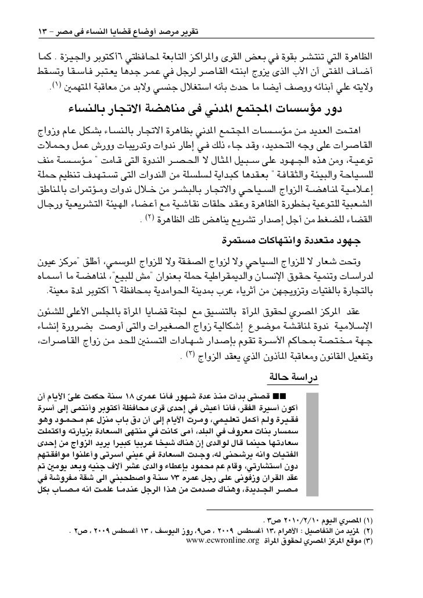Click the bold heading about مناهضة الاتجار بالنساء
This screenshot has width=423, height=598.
click(211, 106)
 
